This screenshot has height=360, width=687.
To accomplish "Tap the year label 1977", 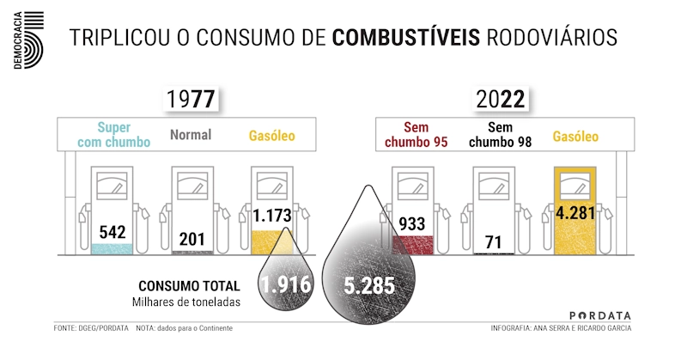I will click(192, 99).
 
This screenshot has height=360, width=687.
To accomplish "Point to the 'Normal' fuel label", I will click(191, 135).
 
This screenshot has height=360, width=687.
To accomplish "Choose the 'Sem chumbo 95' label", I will click(416, 135).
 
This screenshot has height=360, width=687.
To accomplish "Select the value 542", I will click(113, 232).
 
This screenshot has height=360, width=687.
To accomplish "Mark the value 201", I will click(192, 239).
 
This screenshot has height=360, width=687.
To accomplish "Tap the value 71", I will click(493, 241).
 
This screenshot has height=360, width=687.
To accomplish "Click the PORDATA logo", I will click(600, 315).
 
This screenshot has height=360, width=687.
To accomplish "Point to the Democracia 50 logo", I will click(27, 38).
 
